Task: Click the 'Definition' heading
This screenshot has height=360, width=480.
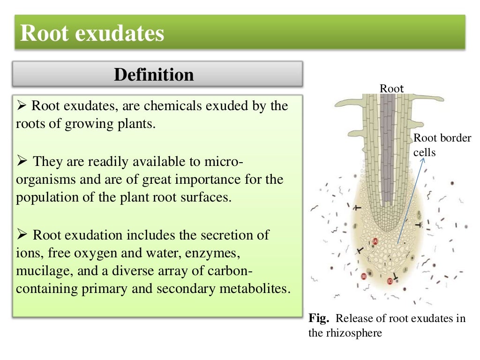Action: click(x=154, y=75)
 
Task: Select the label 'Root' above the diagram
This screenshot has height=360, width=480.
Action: click(x=391, y=88)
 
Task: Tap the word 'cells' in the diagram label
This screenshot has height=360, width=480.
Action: click(x=424, y=153)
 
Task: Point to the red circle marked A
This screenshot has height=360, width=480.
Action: click(x=375, y=241)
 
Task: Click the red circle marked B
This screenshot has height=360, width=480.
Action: click(x=363, y=276)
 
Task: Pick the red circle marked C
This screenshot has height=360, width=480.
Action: click(x=390, y=281)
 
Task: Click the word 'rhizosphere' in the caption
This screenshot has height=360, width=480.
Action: click(x=357, y=333)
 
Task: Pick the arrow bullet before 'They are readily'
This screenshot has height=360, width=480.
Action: click(x=22, y=163)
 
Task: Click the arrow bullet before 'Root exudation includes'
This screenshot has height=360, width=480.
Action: click(x=22, y=235)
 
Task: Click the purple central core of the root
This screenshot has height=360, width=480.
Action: click(x=387, y=155)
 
